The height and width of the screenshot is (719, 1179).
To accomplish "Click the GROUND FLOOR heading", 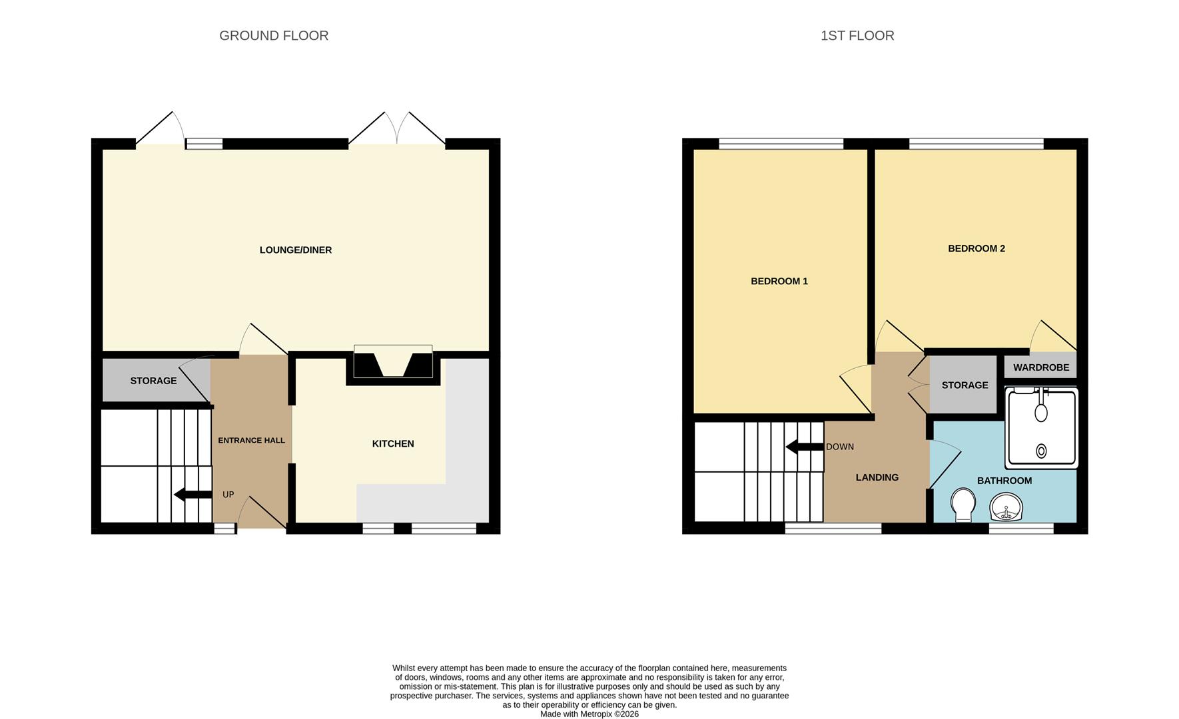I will [274, 36].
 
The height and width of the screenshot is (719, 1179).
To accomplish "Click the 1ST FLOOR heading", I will [857, 36].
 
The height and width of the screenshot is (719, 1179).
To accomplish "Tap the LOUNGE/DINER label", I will [295, 250].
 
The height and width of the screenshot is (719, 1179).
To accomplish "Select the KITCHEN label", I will [393, 444].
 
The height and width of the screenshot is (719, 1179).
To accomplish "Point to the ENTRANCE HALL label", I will [251, 441].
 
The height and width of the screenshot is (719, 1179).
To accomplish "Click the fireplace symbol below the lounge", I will [393, 364].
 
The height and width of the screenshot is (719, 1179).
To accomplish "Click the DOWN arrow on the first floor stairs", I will [805, 447].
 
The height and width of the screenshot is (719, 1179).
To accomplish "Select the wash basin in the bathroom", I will [1006, 508].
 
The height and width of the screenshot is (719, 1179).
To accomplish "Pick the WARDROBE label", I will [1040, 367].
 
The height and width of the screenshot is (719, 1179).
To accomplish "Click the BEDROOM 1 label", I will [779, 282].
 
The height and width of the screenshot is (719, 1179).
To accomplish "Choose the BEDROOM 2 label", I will [976, 249].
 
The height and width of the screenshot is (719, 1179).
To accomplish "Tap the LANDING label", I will [877, 477].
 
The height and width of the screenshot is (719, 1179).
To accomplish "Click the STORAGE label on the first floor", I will [965, 385].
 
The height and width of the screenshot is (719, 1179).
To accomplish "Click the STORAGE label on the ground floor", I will [153, 381].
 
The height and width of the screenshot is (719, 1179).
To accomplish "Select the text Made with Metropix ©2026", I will [589, 714].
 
